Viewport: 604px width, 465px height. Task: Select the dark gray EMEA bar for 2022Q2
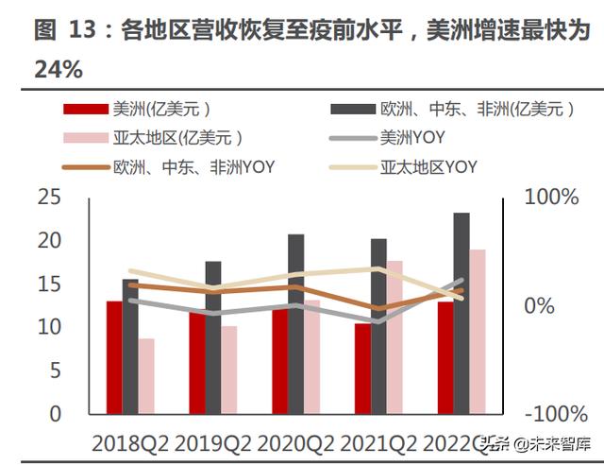pos(461,313)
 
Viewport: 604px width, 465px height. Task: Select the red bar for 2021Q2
pos(362,369)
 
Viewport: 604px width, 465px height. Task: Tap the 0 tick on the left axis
pos(54,413)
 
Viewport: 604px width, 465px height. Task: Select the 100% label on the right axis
pos(551,198)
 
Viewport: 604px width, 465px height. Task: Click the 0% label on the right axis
pos(540,305)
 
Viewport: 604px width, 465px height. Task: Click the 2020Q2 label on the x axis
pos(296,441)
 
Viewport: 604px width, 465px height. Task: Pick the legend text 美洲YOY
pos(411,139)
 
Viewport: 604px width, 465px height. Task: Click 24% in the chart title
pos(59,69)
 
